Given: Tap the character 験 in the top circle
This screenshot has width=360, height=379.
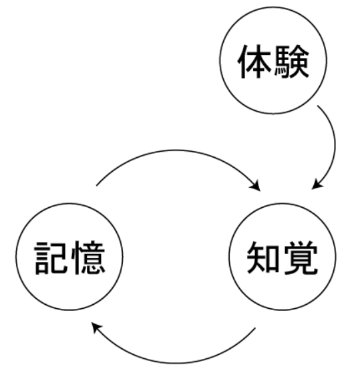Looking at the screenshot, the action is click(x=292, y=61).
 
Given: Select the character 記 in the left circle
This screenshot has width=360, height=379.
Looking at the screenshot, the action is click(x=51, y=258).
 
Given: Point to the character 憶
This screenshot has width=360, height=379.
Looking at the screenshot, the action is click(x=89, y=258).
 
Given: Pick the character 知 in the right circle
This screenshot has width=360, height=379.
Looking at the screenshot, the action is click(x=264, y=257).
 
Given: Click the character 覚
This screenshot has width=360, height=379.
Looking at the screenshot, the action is click(x=301, y=258).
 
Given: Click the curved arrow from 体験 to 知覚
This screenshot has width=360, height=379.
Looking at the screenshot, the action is click(x=335, y=145).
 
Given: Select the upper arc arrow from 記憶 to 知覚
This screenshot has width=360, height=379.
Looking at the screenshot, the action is click(x=176, y=150).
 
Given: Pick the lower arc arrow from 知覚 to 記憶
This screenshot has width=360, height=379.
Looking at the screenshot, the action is click(x=176, y=363).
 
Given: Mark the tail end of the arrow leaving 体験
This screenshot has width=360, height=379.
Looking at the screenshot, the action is click(x=318, y=106).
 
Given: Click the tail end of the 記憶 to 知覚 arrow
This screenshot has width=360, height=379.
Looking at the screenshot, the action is click(x=97, y=186).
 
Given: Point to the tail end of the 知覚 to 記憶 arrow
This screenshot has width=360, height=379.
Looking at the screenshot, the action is click(x=255, y=328).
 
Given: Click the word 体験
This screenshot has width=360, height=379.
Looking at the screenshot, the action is click(x=274, y=61).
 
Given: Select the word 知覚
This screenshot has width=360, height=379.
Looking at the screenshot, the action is click(x=282, y=258).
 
